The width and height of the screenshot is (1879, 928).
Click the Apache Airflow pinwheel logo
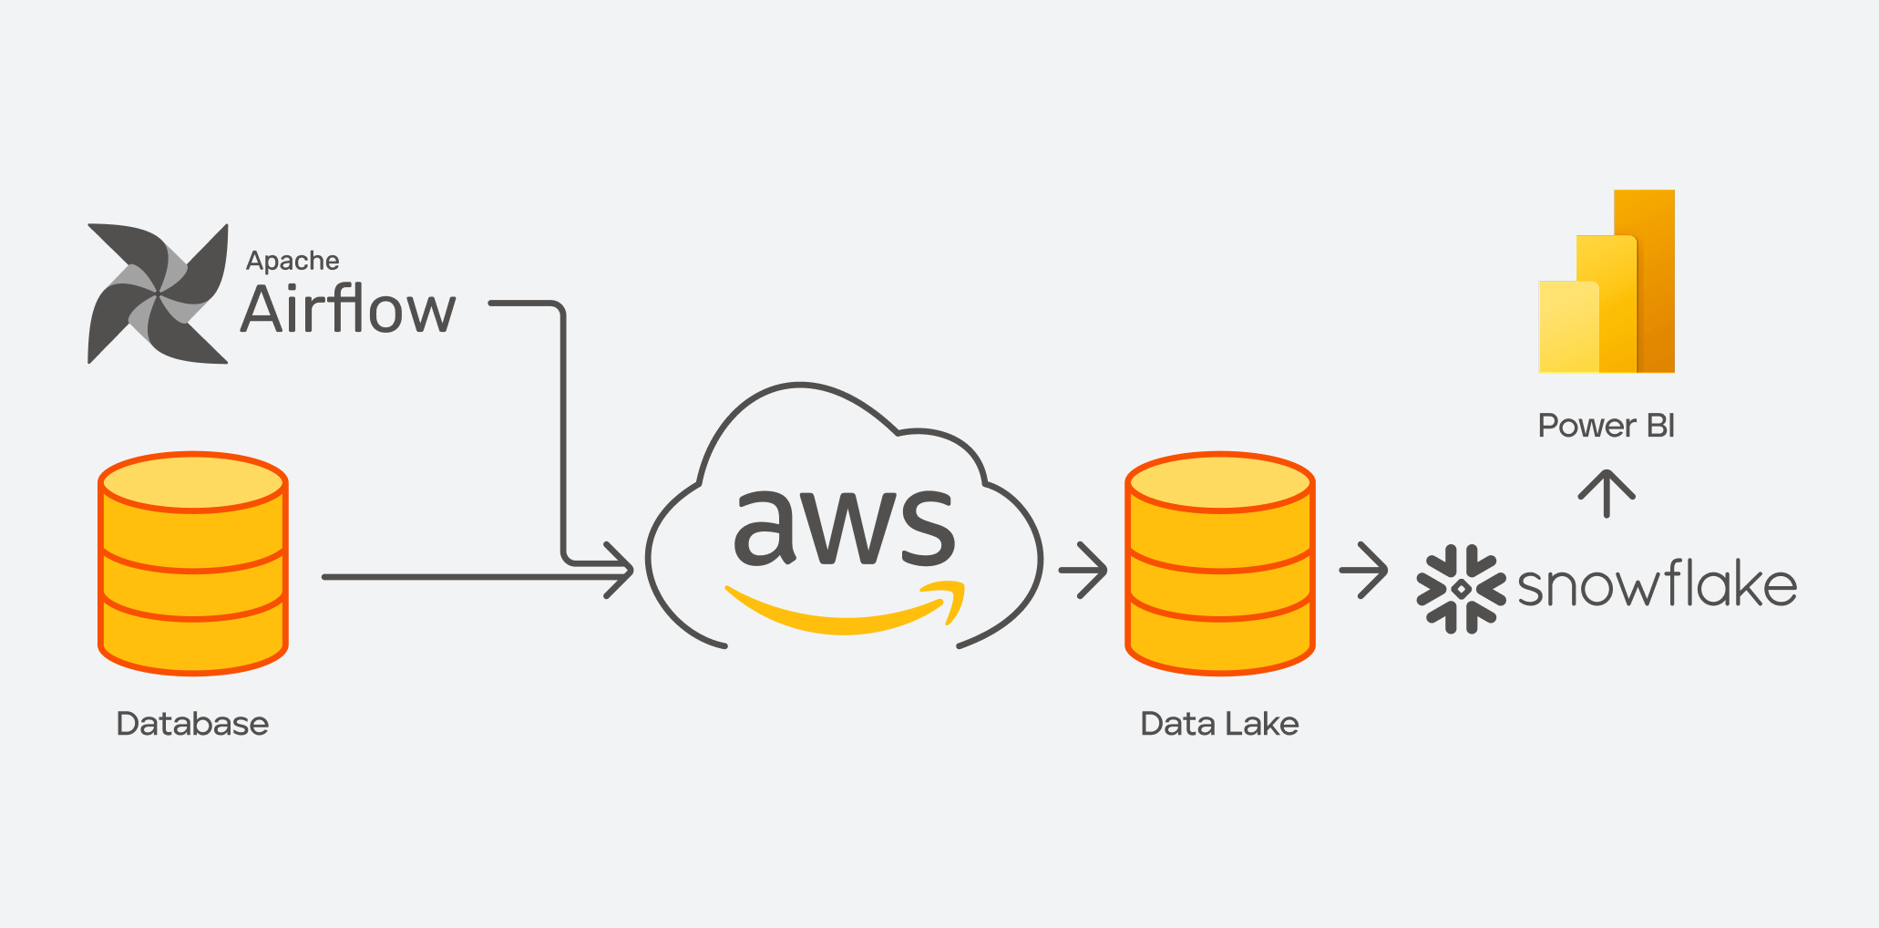pyautogui.click(x=158, y=294)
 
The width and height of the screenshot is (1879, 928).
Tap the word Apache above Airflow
pyautogui.click(x=293, y=261)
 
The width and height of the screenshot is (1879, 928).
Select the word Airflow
pyautogui.click(x=348, y=310)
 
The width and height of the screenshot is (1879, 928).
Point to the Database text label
pyautogui.click(x=192, y=724)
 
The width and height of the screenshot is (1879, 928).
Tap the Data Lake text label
pyautogui.click(x=1219, y=724)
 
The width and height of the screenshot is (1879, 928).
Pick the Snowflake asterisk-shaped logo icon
pyautogui.click(x=1461, y=589)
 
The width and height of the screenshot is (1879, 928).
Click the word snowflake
pyautogui.click(x=1657, y=585)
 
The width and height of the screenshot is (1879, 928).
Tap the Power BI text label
pyautogui.click(x=1606, y=426)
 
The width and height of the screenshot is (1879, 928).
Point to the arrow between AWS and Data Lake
pyautogui.click(x=1083, y=571)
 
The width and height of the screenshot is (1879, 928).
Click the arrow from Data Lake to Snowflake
pyautogui.click(x=1363, y=571)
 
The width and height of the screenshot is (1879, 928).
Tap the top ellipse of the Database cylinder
pyautogui.click(x=193, y=482)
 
